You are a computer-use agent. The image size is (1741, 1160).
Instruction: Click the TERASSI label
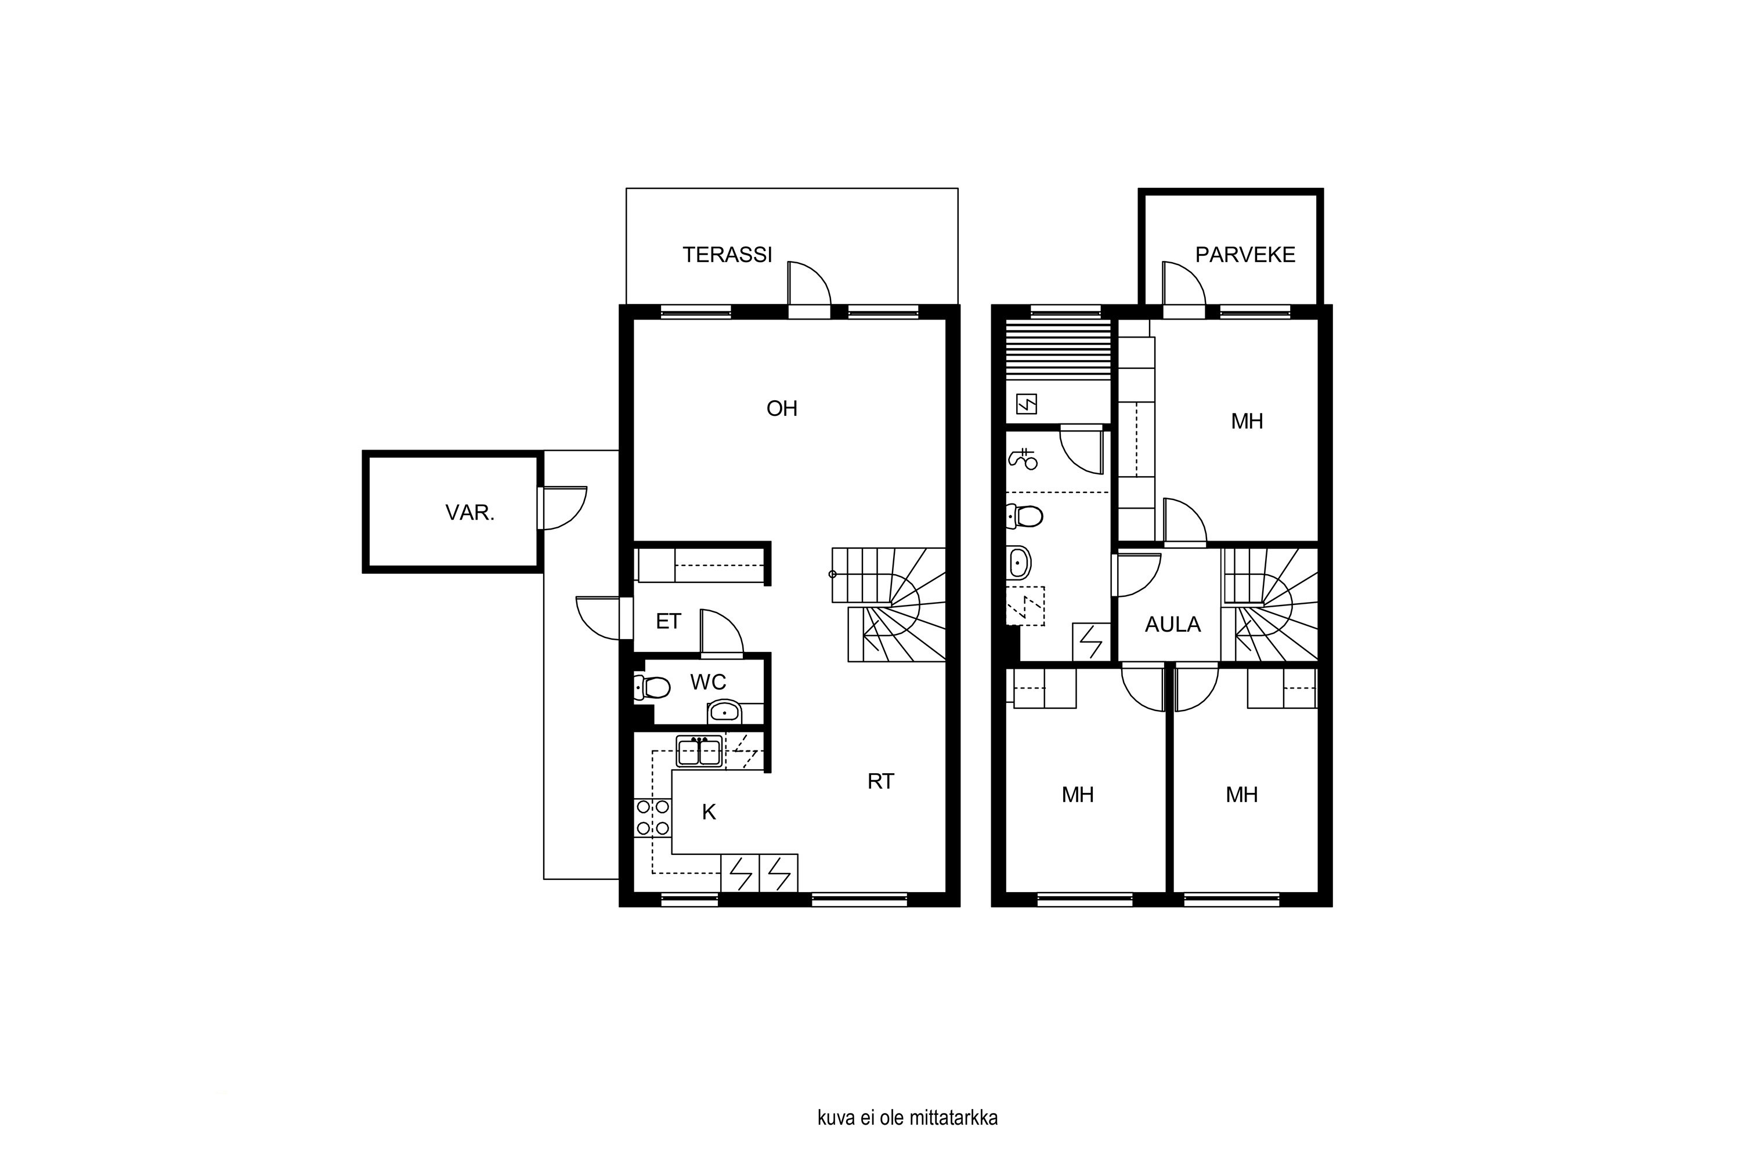(x=727, y=255)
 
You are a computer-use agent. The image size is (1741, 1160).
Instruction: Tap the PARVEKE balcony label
(x=1245, y=255)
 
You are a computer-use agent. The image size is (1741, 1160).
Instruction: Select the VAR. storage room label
(x=470, y=513)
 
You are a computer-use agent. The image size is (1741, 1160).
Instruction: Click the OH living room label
(x=782, y=408)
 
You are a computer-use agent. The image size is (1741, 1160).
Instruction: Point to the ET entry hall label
(x=668, y=621)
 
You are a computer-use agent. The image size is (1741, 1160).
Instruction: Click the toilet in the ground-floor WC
(x=652, y=687)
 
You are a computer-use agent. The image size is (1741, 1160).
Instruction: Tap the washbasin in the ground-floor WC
(x=724, y=712)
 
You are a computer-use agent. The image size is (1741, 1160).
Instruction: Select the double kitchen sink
(x=699, y=752)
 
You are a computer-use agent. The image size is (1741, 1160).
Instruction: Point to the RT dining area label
(x=880, y=781)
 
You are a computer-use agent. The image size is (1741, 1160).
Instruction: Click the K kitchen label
(x=709, y=813)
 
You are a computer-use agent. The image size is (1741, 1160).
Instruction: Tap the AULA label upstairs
(x=1172, y=625)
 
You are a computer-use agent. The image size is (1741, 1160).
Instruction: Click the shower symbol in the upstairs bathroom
(x=1024, y=459)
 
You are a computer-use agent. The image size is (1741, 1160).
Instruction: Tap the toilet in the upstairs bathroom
(x=1025, y=516)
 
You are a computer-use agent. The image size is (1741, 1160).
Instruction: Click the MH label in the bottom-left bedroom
(x=1077, y=795)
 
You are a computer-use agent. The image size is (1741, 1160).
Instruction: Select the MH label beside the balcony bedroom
(x=1247, y=422)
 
